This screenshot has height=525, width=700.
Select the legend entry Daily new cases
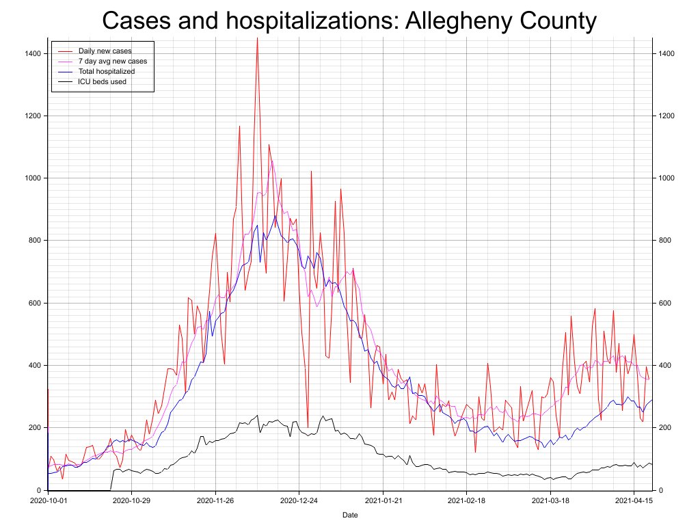105,51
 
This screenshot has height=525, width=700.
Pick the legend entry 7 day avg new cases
112,61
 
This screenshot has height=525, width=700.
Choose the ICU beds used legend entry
102,81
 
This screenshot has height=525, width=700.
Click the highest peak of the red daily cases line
257,40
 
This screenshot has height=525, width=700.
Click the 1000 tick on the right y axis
667,178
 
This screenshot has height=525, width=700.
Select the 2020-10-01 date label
48,500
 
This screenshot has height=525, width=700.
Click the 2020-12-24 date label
299,500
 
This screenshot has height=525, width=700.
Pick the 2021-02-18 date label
466,500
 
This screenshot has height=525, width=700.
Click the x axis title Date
349,515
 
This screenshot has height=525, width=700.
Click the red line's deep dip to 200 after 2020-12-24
308,427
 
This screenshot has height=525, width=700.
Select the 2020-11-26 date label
215,500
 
